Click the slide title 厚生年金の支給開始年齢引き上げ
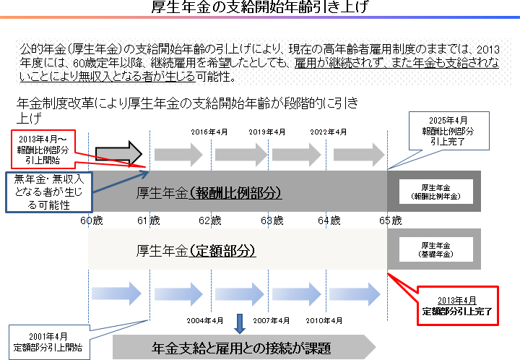pos(259,10)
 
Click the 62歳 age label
pos(210,219)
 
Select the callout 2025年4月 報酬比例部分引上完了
pos(444,132)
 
